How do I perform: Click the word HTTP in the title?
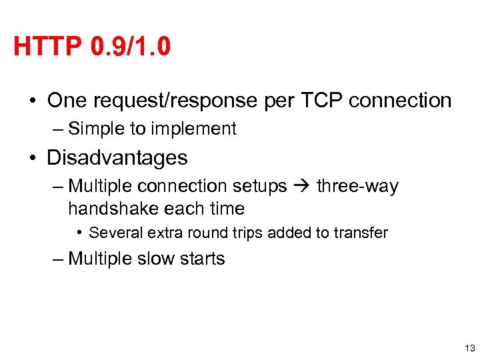tap(45, 47)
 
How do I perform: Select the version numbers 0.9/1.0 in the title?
tap(128, 47)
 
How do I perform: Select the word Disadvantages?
tap(117, 158)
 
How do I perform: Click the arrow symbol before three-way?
tap(301, 186)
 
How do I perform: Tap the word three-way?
tap(357, 186)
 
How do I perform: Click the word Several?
tap(114, 233)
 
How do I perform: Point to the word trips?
tap(253, 233)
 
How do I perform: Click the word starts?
tap(202, 259)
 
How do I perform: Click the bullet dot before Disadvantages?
tap(33, 159)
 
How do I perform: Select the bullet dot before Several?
tap(80, 233)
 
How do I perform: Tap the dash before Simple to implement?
tap(58, 129)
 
